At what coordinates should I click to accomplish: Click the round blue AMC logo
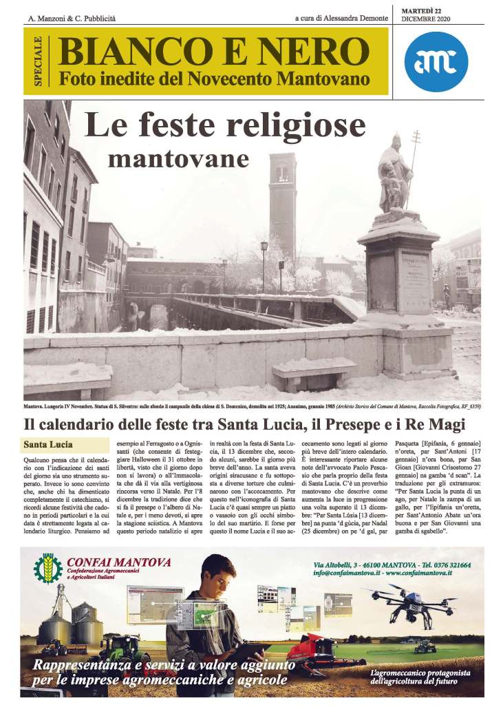point(436,61)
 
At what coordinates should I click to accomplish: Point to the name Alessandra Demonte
point(353,18)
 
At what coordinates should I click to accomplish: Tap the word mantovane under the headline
point(178,158)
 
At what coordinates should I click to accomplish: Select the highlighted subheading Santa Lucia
point(48,444)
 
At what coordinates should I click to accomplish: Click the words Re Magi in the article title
point(438,424)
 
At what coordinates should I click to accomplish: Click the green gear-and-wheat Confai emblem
point(48,568)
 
